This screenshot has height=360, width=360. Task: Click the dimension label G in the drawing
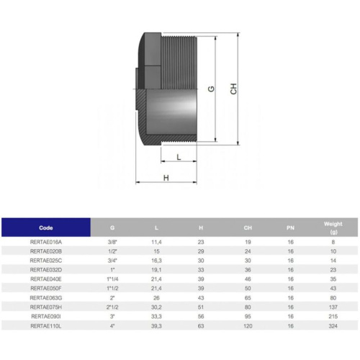tap(211, 89)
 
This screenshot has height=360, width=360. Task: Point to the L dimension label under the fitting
tap(177, 156)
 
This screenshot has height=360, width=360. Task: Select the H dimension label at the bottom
tap(166, 177)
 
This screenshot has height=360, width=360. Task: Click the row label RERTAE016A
tap(46, 243)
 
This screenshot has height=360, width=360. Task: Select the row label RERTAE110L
tap(46, 325)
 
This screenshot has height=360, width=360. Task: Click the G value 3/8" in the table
tap(112, 243)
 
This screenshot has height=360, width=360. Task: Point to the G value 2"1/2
tap(112, 306)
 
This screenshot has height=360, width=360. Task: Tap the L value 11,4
tap(156, 243)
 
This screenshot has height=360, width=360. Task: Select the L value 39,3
tap(156, 325)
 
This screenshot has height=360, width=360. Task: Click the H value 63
tap(201, 325)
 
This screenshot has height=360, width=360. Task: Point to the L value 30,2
tap(156, 306)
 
